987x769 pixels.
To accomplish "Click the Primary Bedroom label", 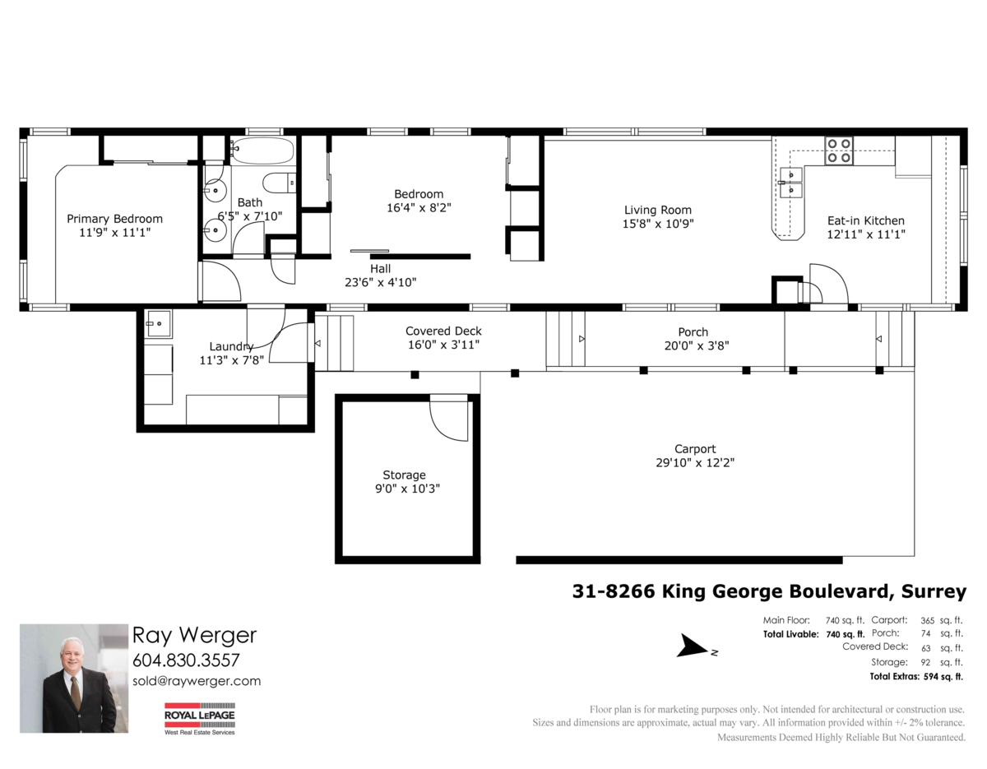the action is click(114, 219).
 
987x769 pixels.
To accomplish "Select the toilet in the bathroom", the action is click(280, 183).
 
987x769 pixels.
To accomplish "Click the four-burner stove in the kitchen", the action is click(839, 151).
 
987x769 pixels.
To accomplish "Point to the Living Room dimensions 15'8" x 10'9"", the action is click(658, 224).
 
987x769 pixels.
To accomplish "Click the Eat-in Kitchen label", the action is click(866, 220).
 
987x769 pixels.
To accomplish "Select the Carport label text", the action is click(695, 449).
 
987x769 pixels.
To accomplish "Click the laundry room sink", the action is click(158, 323).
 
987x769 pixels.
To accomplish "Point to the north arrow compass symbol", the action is click(692, 646).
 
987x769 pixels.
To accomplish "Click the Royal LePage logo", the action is click(199, 719).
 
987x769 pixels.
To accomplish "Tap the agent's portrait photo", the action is click(74, 679).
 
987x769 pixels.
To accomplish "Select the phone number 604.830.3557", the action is click(186, 660).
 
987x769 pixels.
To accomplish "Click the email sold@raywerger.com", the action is click(197, 681).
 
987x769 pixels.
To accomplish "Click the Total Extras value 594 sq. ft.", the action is click(943, 676).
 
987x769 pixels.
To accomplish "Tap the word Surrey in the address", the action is click(934, 591).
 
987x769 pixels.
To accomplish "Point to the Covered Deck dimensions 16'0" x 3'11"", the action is click(444, 345).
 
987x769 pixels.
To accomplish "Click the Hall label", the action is click(380, 268).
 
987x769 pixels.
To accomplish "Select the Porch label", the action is click(693, 332).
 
